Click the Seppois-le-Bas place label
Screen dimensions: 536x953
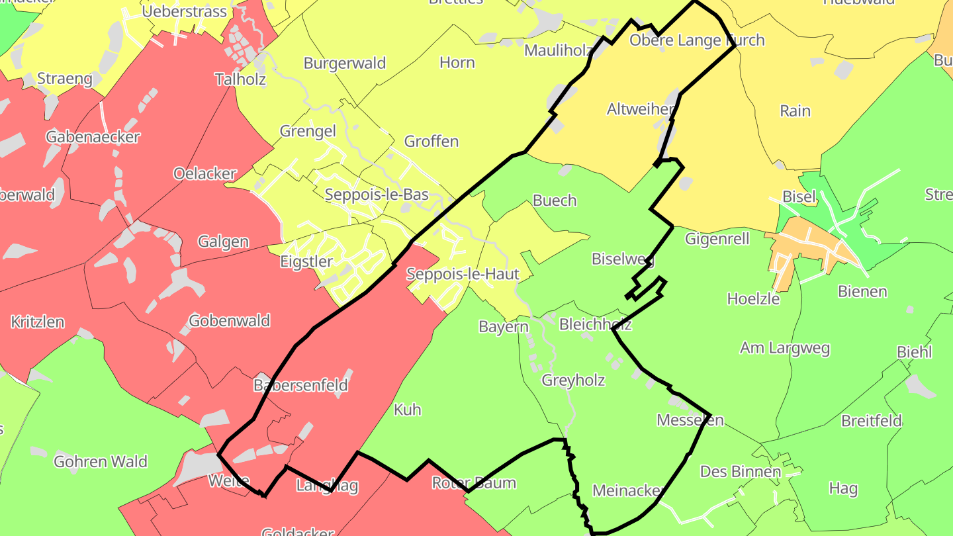tap(377, 195)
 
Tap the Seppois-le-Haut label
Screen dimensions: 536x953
tap(463, 274)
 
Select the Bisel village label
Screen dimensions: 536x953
tap(799, 197)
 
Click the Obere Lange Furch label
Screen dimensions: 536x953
tap(697, 40)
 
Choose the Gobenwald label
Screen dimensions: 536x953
tap(230, 321)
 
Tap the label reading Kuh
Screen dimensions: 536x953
tap(407, 410)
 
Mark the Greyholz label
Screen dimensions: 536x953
tap(573, 380)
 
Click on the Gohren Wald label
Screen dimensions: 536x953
tap(101, 461)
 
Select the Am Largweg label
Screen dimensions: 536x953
tap(785, 348)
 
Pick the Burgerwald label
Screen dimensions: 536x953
tap(345, 64)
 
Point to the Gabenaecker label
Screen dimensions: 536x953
tap(93, 137)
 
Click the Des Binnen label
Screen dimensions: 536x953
tap(741, 472)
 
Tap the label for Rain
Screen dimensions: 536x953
tap(795, 111)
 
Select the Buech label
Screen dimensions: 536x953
tap(555, 201)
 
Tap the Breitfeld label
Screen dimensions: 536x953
tap(872, 421)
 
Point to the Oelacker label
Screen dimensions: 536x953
tap(204, 174)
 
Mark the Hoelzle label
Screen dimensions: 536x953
tap(753, 298)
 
